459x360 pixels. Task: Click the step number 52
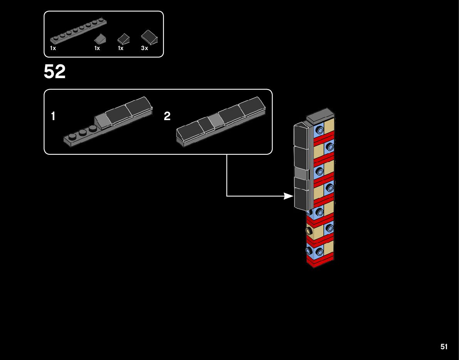(54, 72)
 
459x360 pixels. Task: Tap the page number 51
(444, 347)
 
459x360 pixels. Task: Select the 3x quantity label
(145, 48)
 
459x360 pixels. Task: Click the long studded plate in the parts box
(78, 31)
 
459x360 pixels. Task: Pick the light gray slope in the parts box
(100, 39)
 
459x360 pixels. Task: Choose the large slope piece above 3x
(150, 37)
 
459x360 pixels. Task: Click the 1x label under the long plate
(53, 48)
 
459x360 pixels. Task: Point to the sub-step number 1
(53, 116)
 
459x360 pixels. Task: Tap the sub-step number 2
(167, 116)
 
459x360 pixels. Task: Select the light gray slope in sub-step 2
(215, 121)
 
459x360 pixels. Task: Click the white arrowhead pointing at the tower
(289, 196)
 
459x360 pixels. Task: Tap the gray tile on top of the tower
(320, 115)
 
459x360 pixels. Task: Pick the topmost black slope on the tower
(301, 136)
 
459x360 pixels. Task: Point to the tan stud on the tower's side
(309, 231)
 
